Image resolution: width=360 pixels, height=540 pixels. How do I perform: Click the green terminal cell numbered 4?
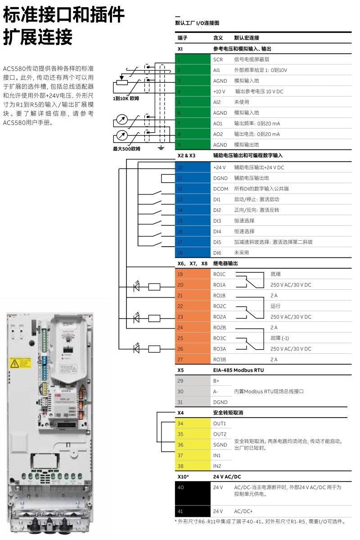192,91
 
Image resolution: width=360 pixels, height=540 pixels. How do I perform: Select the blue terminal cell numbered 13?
192,199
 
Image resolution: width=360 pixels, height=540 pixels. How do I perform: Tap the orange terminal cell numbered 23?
192,317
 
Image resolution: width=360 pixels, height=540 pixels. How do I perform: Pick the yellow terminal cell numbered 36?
192,445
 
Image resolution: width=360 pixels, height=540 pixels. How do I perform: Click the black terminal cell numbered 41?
192,512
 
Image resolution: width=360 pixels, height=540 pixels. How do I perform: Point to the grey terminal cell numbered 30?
192,391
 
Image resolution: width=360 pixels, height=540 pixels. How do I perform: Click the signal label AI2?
217,102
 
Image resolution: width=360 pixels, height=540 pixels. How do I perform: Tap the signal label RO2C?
220,306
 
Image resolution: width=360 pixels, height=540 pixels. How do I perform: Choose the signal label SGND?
220,445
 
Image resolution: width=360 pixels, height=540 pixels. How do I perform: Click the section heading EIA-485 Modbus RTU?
238,370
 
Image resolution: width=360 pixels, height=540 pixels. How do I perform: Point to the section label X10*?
183,476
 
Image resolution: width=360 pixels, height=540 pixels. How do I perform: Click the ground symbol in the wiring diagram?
161,147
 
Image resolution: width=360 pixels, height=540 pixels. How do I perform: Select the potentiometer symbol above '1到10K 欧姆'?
120,81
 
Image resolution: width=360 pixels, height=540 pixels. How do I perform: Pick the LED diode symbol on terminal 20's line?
137,285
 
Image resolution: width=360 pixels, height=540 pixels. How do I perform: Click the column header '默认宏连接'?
247,38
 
